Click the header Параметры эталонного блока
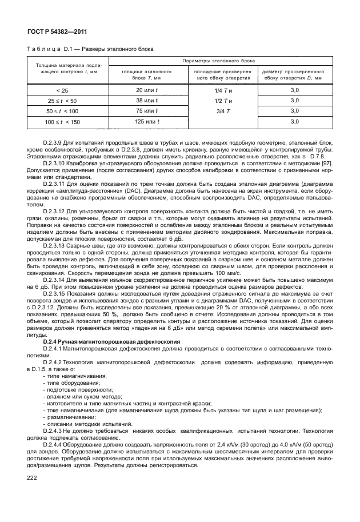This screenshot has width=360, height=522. pos(219,60)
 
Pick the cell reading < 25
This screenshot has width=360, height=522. pos(62,90)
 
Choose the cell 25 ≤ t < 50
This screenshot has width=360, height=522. pos(62,101)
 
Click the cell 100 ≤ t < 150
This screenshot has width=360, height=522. pos(62,122)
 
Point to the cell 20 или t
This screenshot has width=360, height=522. pos(146,90)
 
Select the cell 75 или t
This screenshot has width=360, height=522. pos(146,111)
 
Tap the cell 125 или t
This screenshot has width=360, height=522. pos(146,122)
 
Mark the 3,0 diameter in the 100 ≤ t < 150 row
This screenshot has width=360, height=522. pos(295,122)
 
